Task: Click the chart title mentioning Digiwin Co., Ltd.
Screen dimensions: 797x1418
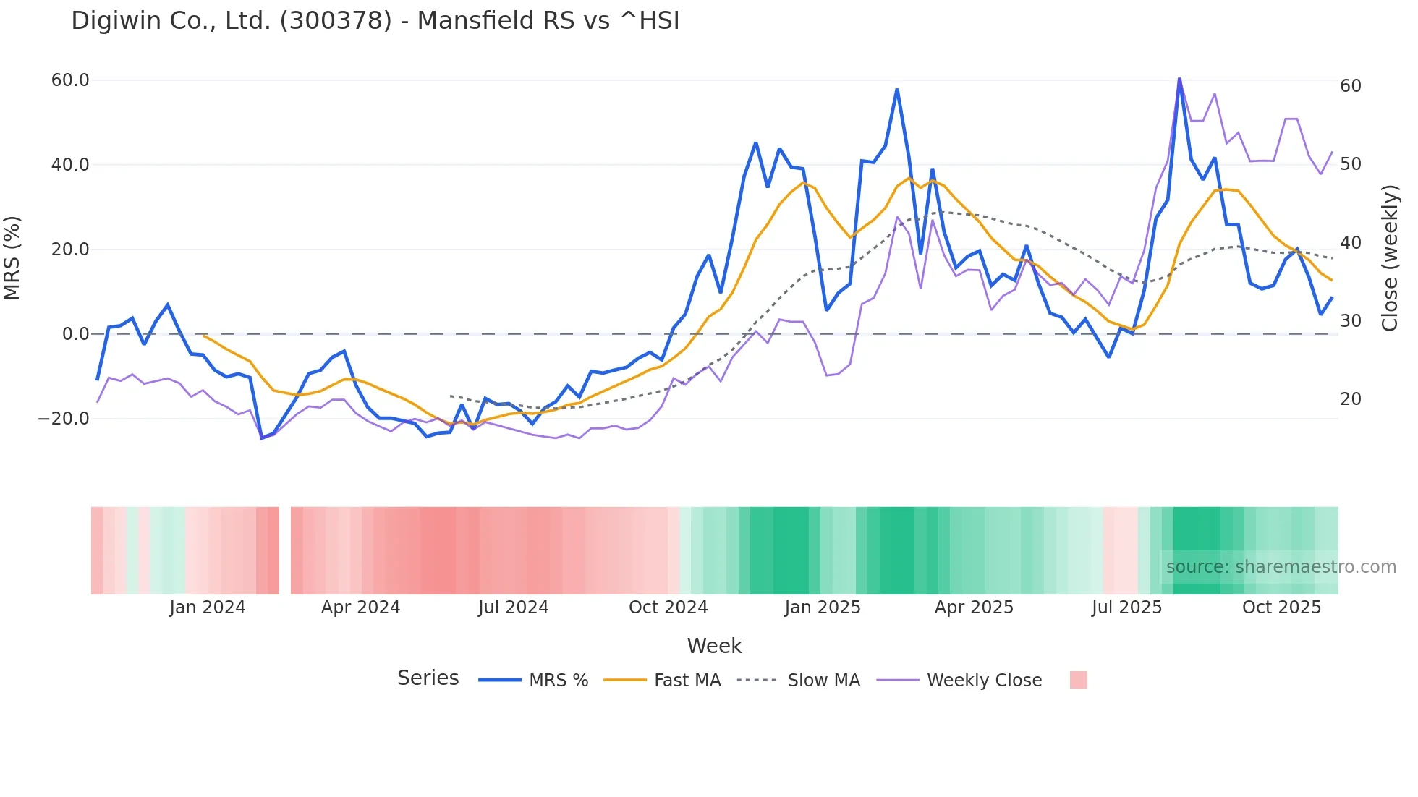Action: click(375, 21)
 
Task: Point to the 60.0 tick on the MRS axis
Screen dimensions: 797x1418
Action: click(70, 80)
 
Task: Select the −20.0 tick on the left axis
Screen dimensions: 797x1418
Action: click(64, 419)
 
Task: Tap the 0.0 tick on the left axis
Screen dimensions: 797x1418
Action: click(75, 334)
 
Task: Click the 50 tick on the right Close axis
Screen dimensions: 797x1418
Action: click(1350, 164)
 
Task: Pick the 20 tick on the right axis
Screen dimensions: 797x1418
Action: click(1350, 399)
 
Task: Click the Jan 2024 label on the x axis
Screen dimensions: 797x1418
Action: click(208, 608)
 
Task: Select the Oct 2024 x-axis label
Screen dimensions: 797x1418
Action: click(668, 608)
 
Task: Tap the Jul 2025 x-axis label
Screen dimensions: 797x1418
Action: click(1126, 608)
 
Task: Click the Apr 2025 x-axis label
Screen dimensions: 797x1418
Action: click(974, 608)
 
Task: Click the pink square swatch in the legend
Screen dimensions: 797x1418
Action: click(1078, 680)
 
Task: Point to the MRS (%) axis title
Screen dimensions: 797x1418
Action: click(12, 258)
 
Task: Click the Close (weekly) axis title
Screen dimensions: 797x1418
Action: click(1390, 258)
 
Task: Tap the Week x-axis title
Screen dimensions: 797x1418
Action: click(714, 646)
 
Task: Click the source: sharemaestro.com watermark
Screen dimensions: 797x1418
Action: click(1281, 567)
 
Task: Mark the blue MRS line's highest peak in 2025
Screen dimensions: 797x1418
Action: click(1179, 78)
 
